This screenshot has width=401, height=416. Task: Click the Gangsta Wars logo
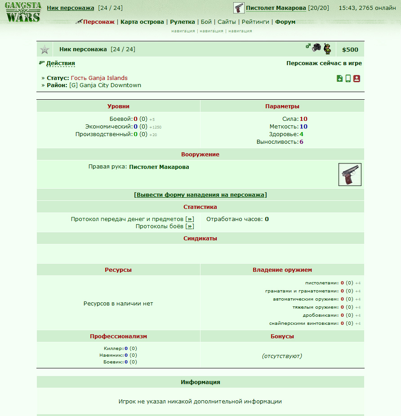tap(23, 13)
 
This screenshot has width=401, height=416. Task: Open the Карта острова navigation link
tap(142, 22)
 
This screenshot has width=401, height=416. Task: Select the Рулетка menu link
tap(183, 22)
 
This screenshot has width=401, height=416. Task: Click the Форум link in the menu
tap(285, 22)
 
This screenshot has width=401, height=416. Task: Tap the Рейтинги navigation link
tap(255, 22)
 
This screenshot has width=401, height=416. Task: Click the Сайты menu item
tap(227, 22)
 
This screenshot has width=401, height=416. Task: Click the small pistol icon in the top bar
tap(239, 8)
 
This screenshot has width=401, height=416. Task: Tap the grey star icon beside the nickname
tap(45, 49)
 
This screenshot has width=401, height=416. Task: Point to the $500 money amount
tap(350, 50)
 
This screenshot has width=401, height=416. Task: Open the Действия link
tap(61, 63)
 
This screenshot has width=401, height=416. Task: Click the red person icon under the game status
tap(356, 79)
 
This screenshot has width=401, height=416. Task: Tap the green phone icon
tap(348, 79)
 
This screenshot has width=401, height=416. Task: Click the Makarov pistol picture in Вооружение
tap(350, 174)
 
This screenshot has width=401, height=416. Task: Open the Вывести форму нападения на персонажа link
tap(200, 195)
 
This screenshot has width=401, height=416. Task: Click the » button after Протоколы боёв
tap(190, 226)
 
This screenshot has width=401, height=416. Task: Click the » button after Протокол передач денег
tap(190, 219)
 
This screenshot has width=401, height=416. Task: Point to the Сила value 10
tap(303, 119)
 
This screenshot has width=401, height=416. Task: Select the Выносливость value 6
tap(301, 142)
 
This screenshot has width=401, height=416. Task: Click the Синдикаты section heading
tap(200, 238)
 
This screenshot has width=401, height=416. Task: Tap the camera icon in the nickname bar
tap(317, 47)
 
